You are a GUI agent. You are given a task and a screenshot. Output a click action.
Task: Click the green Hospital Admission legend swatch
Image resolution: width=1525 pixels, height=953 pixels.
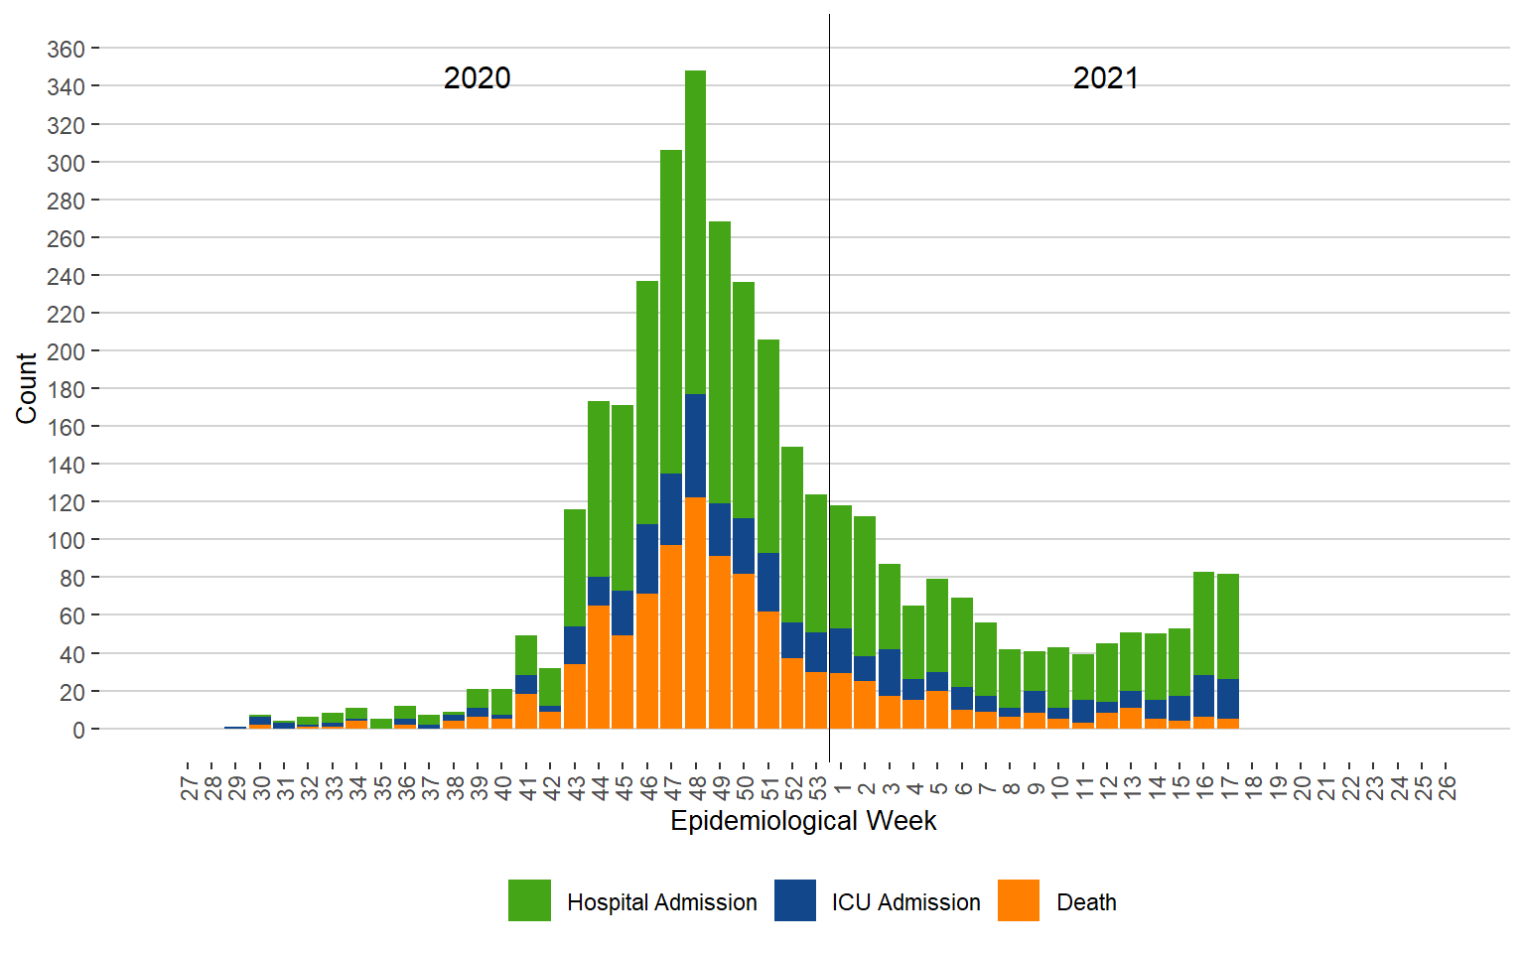(529, 900)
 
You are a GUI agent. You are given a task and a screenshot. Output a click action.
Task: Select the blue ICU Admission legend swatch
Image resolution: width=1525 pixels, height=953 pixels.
(795, 900)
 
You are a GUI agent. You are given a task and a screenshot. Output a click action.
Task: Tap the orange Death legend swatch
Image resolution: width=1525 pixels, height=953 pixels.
(1019, 900)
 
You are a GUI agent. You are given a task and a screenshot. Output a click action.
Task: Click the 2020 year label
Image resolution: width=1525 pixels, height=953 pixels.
(477, 78)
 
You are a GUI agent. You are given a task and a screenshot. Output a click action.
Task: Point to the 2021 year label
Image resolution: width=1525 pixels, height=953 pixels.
(1105, 78)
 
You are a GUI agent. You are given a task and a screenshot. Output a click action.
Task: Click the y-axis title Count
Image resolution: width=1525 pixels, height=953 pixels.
(27, 388)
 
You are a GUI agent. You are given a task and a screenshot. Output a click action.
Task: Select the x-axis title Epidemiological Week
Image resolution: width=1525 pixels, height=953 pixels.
(803, 821)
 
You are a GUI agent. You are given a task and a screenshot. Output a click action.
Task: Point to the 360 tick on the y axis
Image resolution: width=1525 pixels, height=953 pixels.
(66, 49)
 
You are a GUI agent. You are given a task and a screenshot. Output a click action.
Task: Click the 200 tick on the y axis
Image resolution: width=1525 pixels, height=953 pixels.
(66, 351)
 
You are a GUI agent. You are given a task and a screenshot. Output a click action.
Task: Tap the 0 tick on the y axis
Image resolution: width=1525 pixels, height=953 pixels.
(78, 730)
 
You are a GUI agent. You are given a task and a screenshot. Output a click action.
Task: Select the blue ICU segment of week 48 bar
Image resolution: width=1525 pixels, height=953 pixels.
(695, 446)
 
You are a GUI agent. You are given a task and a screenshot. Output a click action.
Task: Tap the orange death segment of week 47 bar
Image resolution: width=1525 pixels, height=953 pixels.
(671, 635)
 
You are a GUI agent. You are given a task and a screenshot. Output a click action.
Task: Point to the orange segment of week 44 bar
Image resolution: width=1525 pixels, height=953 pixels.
(599, 666)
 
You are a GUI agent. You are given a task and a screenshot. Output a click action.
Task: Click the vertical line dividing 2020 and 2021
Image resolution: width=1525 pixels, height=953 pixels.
(830, 298)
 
